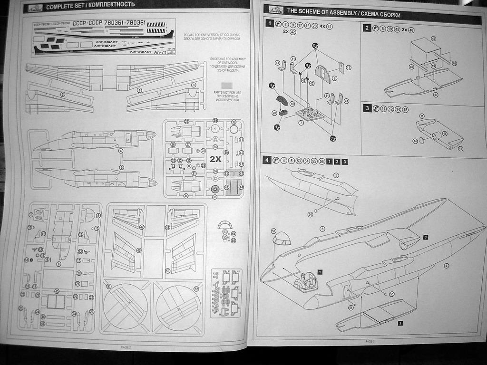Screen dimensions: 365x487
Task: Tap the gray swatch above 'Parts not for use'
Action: pyautogui.click(x=227, y=85)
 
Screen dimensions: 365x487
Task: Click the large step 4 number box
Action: pyautogui.click(x=267, y=160)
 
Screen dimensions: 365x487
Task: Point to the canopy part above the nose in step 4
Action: pyautogui.click(x=282, y=238)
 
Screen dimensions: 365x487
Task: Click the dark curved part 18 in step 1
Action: pyautogui.click(x=283, y=101)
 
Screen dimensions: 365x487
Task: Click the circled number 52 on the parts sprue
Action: pyautogui.click(x=196, y=288)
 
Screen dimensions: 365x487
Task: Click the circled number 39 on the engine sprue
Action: pyautogui.click(x=234, y=122)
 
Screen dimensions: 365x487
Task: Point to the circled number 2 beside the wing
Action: pyautogui.click(x=63, y=94)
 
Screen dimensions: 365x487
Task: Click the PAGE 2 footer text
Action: pyautogui.click(x=126, y=347)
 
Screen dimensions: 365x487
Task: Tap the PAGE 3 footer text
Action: pyautogui.click(x=370, y=341)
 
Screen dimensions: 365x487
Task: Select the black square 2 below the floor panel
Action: pyautogui.click(x=400, y=323)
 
